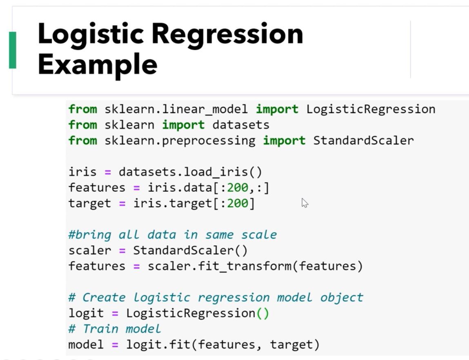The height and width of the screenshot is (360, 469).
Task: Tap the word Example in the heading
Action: [x=97, y=64]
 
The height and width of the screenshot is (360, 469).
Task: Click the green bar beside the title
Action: [x=12, y=50]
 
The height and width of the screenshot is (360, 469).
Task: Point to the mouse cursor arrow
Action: [x=304, y=202]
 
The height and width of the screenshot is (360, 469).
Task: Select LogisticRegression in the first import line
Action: [x=371, y=109]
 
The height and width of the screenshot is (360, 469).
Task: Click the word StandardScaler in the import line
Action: [x=363, y=140]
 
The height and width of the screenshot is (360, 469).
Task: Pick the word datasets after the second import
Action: [x=241, y=125]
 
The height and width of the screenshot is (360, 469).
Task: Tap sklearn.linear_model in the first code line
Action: [x=176, y=109]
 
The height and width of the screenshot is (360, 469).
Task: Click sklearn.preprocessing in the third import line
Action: [x=180, y=140]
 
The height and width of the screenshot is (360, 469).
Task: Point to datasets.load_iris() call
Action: [x=190, y=172]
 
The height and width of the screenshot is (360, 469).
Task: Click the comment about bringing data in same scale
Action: [x=172, y=235]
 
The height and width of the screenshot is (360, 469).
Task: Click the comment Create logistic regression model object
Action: [x=216, y=297]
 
